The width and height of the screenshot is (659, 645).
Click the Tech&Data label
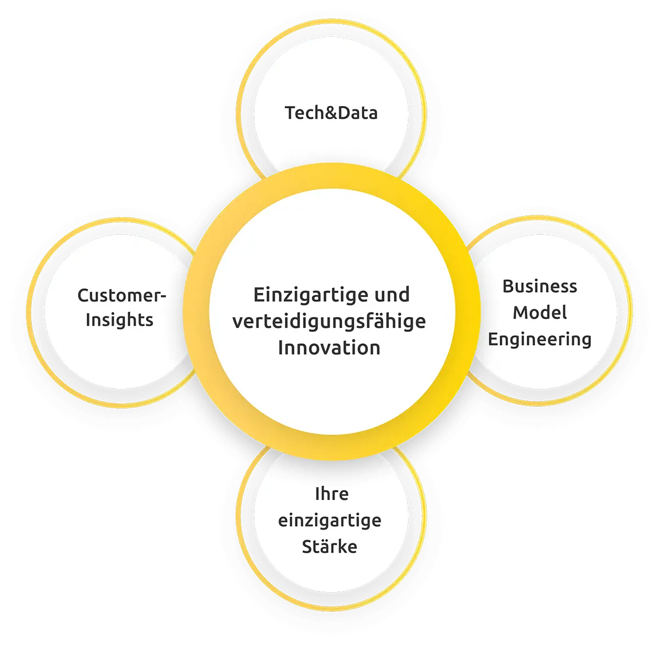(331, 113)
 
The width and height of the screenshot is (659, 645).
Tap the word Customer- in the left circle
(121, 296)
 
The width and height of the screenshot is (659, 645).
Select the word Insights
(119, 320)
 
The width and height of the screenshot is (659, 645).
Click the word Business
(539, 286)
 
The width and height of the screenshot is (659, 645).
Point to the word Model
(539, 313)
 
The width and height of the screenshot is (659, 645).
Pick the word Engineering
(539, 339)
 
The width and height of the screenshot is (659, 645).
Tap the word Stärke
(329, 547)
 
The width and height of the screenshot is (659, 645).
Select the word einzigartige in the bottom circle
(329, 520)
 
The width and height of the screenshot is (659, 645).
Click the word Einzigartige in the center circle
(310, 295)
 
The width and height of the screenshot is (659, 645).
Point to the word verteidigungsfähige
(329, 321)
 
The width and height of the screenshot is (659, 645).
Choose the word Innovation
(329, 348)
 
